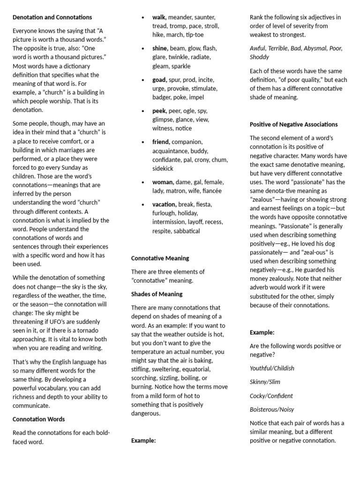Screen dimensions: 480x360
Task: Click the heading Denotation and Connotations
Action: (52, 17)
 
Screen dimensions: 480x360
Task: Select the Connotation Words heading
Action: (39, 419)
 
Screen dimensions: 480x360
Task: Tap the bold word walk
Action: (159, 17)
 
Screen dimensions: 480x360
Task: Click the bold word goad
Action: (159, 80)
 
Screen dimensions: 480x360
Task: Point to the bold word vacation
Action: (164, 204)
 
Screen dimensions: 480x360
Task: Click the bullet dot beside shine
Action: (142, 49)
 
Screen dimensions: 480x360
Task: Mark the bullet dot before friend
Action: (142, 142)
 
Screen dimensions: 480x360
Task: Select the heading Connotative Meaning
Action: (160, 258)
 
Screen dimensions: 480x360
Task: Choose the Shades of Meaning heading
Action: (157, 294)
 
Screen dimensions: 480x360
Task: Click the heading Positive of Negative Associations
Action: (293, 124)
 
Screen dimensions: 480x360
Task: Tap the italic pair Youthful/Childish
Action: (272, 368)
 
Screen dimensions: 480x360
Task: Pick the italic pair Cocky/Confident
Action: (271, 396)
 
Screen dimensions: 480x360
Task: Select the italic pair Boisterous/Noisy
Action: (272, 409)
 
